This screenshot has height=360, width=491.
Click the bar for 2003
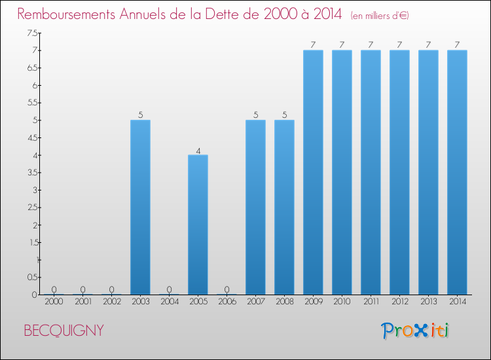pyautogui.click(x=140, y=207)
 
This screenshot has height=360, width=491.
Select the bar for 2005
pyautogui.click(x=198, y=225)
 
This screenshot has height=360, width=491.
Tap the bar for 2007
pyautogui.click(x=255, y=207)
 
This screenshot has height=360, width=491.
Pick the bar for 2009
pyautogui.click(x=313, y=172)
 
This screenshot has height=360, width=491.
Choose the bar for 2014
pyautogui.click(x=457, y=172)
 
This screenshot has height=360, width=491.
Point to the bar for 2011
pyautogui.click(x=371, y=172)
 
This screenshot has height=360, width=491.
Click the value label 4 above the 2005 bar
pyautogui.click(x=198, y=150)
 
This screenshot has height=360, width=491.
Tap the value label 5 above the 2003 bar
pyautogui.click(x=140, y=115)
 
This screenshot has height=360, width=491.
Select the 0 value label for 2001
pyautogui.click(x=82, y=289)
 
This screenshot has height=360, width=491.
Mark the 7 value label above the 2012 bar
pyautogui.click(x=399, y=45)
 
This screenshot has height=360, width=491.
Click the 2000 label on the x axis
pyautogui.click(x=54, y=302)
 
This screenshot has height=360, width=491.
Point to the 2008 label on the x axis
pyautogui.click(x=284, y=302)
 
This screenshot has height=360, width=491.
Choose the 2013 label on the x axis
pyautogui.click(x=428, y=302)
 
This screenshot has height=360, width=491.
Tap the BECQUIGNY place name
pyautogui.click(x=64, y=331)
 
